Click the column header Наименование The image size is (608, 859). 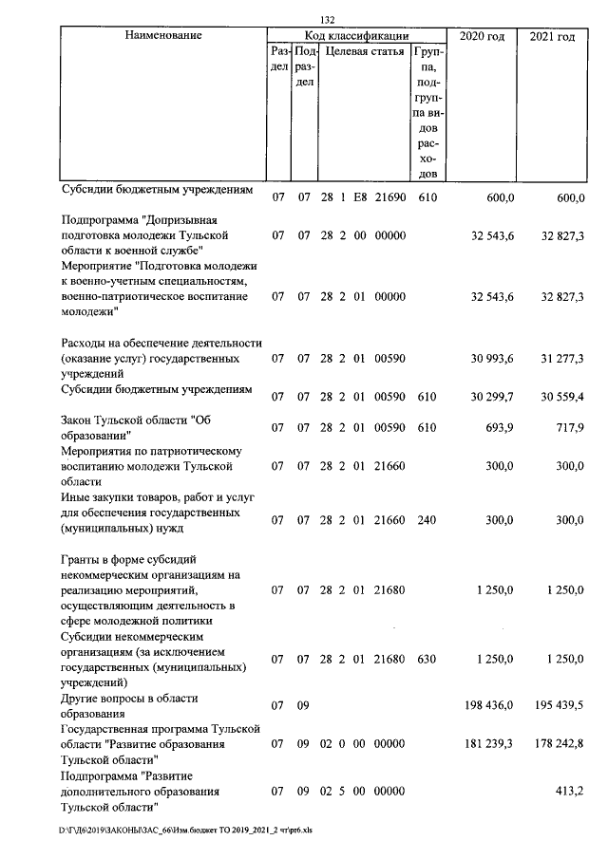(x=163, y=36)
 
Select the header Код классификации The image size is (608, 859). (x=355, y=36)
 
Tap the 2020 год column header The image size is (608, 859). (x=482, y=36)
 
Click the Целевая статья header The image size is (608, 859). (x=365, y=51)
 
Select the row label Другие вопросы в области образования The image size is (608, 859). (x=128, y=705)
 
